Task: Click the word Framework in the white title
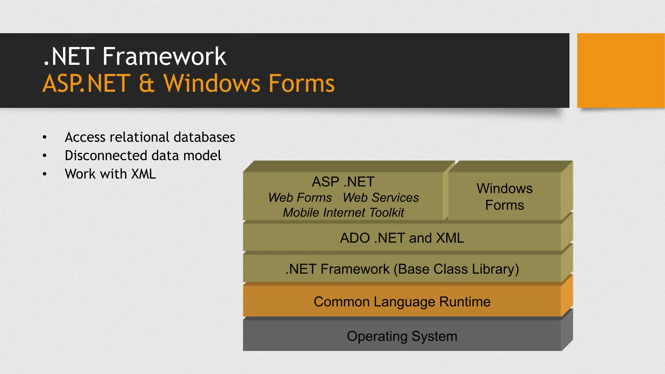point(164,56)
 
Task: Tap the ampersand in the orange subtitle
point(146,83)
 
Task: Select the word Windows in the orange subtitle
point(212,83)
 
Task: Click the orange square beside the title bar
point(621,70)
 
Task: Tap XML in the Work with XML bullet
point(144,174)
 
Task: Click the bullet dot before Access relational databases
point(45,138)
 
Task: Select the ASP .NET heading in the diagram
point(343,182)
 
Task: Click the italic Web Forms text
point(300,198)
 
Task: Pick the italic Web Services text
point(381,198)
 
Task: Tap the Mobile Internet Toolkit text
point(343,213)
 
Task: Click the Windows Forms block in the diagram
point(504,197)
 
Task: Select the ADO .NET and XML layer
point(402,238)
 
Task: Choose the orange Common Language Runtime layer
point(402,302)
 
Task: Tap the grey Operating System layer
point(402,336)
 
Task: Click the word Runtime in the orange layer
point(465,302)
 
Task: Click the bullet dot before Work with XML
point(45,174)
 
